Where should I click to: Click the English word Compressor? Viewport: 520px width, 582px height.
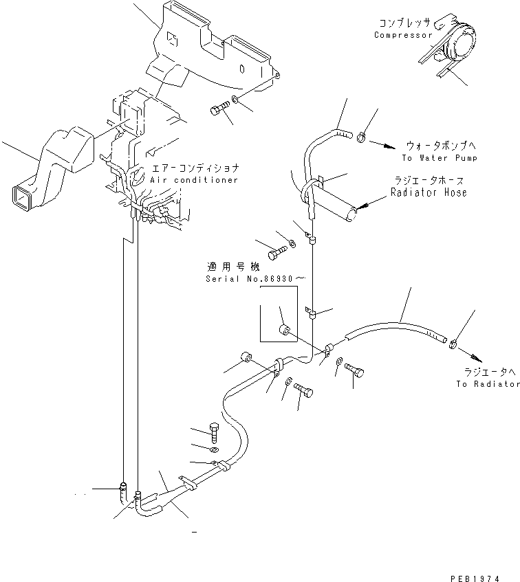(x=402, y=35)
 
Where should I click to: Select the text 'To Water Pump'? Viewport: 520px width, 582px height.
(x=440, y=158)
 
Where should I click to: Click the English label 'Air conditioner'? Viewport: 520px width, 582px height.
(x=195, y=180)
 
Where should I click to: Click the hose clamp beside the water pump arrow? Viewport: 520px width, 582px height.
(x=362, y=140)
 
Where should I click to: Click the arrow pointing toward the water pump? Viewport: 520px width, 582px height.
(x=386, y=145)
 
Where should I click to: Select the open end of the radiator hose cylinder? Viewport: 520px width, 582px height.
(x=353, y=214)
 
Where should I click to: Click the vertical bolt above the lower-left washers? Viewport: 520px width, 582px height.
(x=213, y=431)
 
